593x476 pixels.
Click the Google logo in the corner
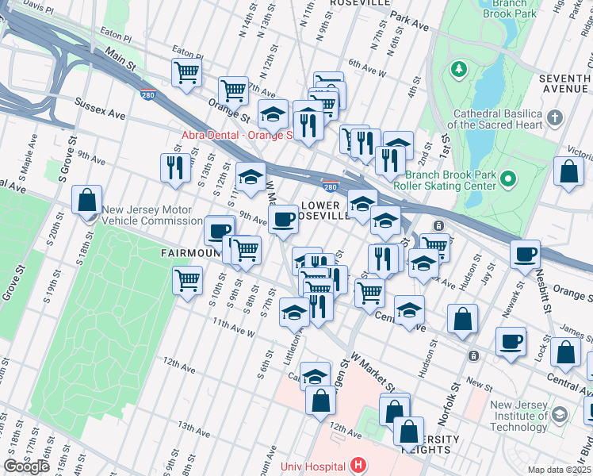[26, 466]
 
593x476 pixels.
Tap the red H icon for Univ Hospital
[359, 465]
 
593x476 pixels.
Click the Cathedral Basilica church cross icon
[555, 119]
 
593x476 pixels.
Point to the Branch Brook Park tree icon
[458, 70]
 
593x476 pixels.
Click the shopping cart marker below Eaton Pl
[187, 73]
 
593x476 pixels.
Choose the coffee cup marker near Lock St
[511, 342]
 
